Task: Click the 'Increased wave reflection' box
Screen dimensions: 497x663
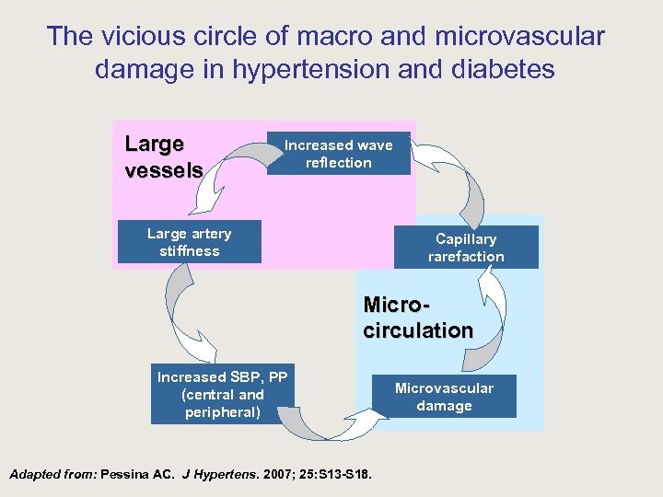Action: coord(338,154)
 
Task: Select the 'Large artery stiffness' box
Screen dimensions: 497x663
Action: coord(189,242)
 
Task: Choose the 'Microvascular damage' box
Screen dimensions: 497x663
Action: coord(444,397)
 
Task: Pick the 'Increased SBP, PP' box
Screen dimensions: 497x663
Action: coord(223,394)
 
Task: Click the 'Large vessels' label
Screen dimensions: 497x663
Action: coord(163,157)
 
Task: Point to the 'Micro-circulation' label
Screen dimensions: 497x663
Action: coord(417,318)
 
